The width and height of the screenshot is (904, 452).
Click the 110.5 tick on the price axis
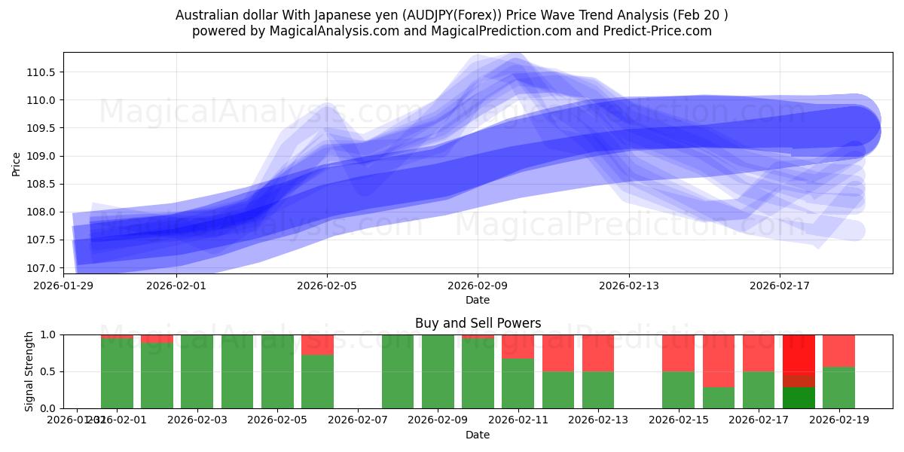pos(43,72)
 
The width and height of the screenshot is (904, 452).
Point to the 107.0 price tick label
pos(43,268)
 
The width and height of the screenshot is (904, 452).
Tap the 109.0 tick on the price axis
pos(43,157)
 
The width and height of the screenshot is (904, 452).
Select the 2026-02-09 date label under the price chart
pos(478,286)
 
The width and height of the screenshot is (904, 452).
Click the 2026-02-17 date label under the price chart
pos(780,286)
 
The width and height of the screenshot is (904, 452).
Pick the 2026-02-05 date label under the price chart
pos(327,286)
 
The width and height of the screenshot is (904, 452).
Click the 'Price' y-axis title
pos(17,163)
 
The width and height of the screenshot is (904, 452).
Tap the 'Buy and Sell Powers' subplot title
pos(478,323)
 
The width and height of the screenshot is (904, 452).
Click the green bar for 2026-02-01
pos(117,373)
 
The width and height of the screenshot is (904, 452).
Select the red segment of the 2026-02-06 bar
pos(317,344)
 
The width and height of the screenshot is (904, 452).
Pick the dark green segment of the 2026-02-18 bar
pos(799,397)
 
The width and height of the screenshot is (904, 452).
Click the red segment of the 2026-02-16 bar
pos(719,360)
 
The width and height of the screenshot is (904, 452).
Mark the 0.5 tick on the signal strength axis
pos(49,371)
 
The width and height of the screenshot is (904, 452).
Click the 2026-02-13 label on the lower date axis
pos(598,420)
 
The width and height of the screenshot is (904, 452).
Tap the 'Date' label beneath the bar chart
pos(478,435)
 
